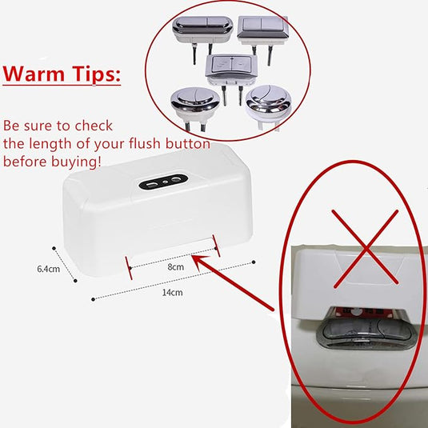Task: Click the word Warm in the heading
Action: point(34,75)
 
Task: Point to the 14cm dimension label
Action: point(172,293)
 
